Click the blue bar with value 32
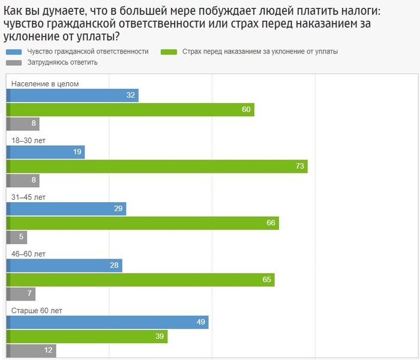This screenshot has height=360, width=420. coord(72,95)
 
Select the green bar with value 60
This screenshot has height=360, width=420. coord(130,110)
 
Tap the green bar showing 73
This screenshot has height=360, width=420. coord(157,166)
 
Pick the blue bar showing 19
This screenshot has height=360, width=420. coord(46,152)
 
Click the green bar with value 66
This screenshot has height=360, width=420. coord(143,223)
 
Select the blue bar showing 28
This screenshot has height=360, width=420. coord(64,265)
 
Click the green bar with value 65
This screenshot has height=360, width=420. coord(140,280)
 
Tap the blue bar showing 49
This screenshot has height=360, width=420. coord(107,322)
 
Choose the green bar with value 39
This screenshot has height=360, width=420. coord(87,336)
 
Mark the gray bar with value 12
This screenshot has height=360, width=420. coord(31,350)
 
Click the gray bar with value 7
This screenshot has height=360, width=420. coord(21,294)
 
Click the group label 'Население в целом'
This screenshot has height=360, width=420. coord(45,84)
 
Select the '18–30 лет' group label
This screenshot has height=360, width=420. coord(29,140)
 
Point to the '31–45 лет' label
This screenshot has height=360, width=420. coord(29,197)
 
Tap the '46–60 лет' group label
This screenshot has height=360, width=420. coord(29,254)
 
